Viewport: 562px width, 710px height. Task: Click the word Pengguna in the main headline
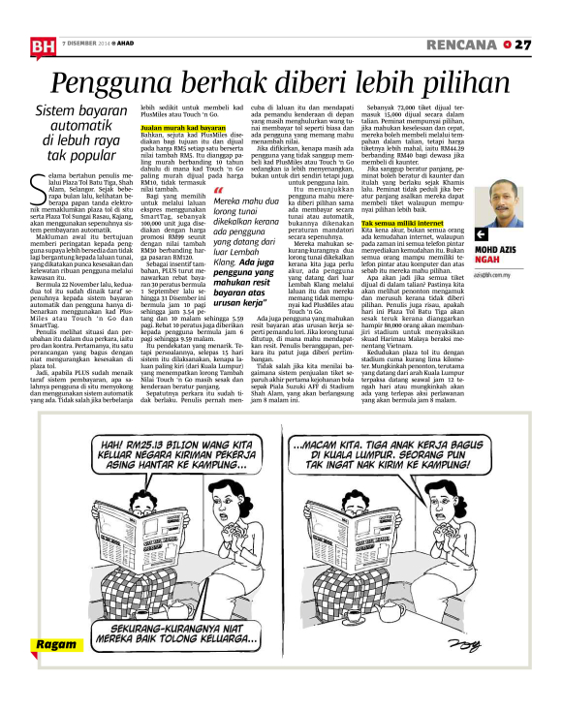pyautogui.click(x=109, y=82)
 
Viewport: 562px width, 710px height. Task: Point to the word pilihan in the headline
pyautogui.click(x=468, y=82)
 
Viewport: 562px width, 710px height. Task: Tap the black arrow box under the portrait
pyautogui.click(x=482, y=233)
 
